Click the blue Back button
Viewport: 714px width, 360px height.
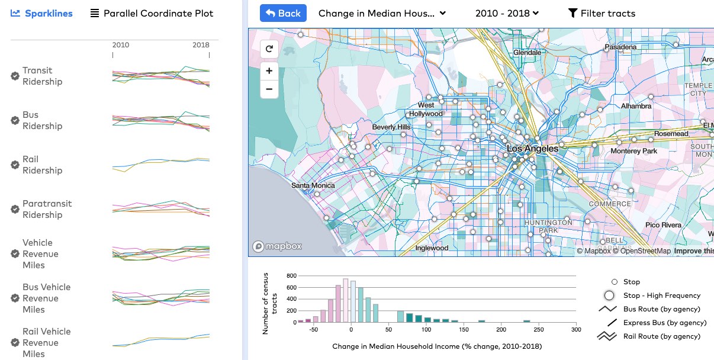tap(283, 13)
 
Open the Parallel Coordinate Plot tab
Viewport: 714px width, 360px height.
tap(152, 13)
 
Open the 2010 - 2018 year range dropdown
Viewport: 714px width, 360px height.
tap(507, 13)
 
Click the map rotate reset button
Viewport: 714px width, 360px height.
tap(269, 49)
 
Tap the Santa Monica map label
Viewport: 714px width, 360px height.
tap(313, 185)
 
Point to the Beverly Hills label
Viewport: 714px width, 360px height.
tap(391, 127)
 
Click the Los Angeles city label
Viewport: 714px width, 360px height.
tap(532, 149)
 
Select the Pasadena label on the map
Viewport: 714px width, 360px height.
tap(621, 47)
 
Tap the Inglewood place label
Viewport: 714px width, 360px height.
tap(432, 248)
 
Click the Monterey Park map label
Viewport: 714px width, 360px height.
tap(633, 151)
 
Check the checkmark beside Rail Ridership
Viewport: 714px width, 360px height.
tap(15, 165)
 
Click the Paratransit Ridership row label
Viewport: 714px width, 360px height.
tap(47, 209)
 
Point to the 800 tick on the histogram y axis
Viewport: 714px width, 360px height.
tap(291, 276)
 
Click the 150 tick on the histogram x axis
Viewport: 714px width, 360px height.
tap(464, 330)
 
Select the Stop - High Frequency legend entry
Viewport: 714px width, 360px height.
tap(661, 295)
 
